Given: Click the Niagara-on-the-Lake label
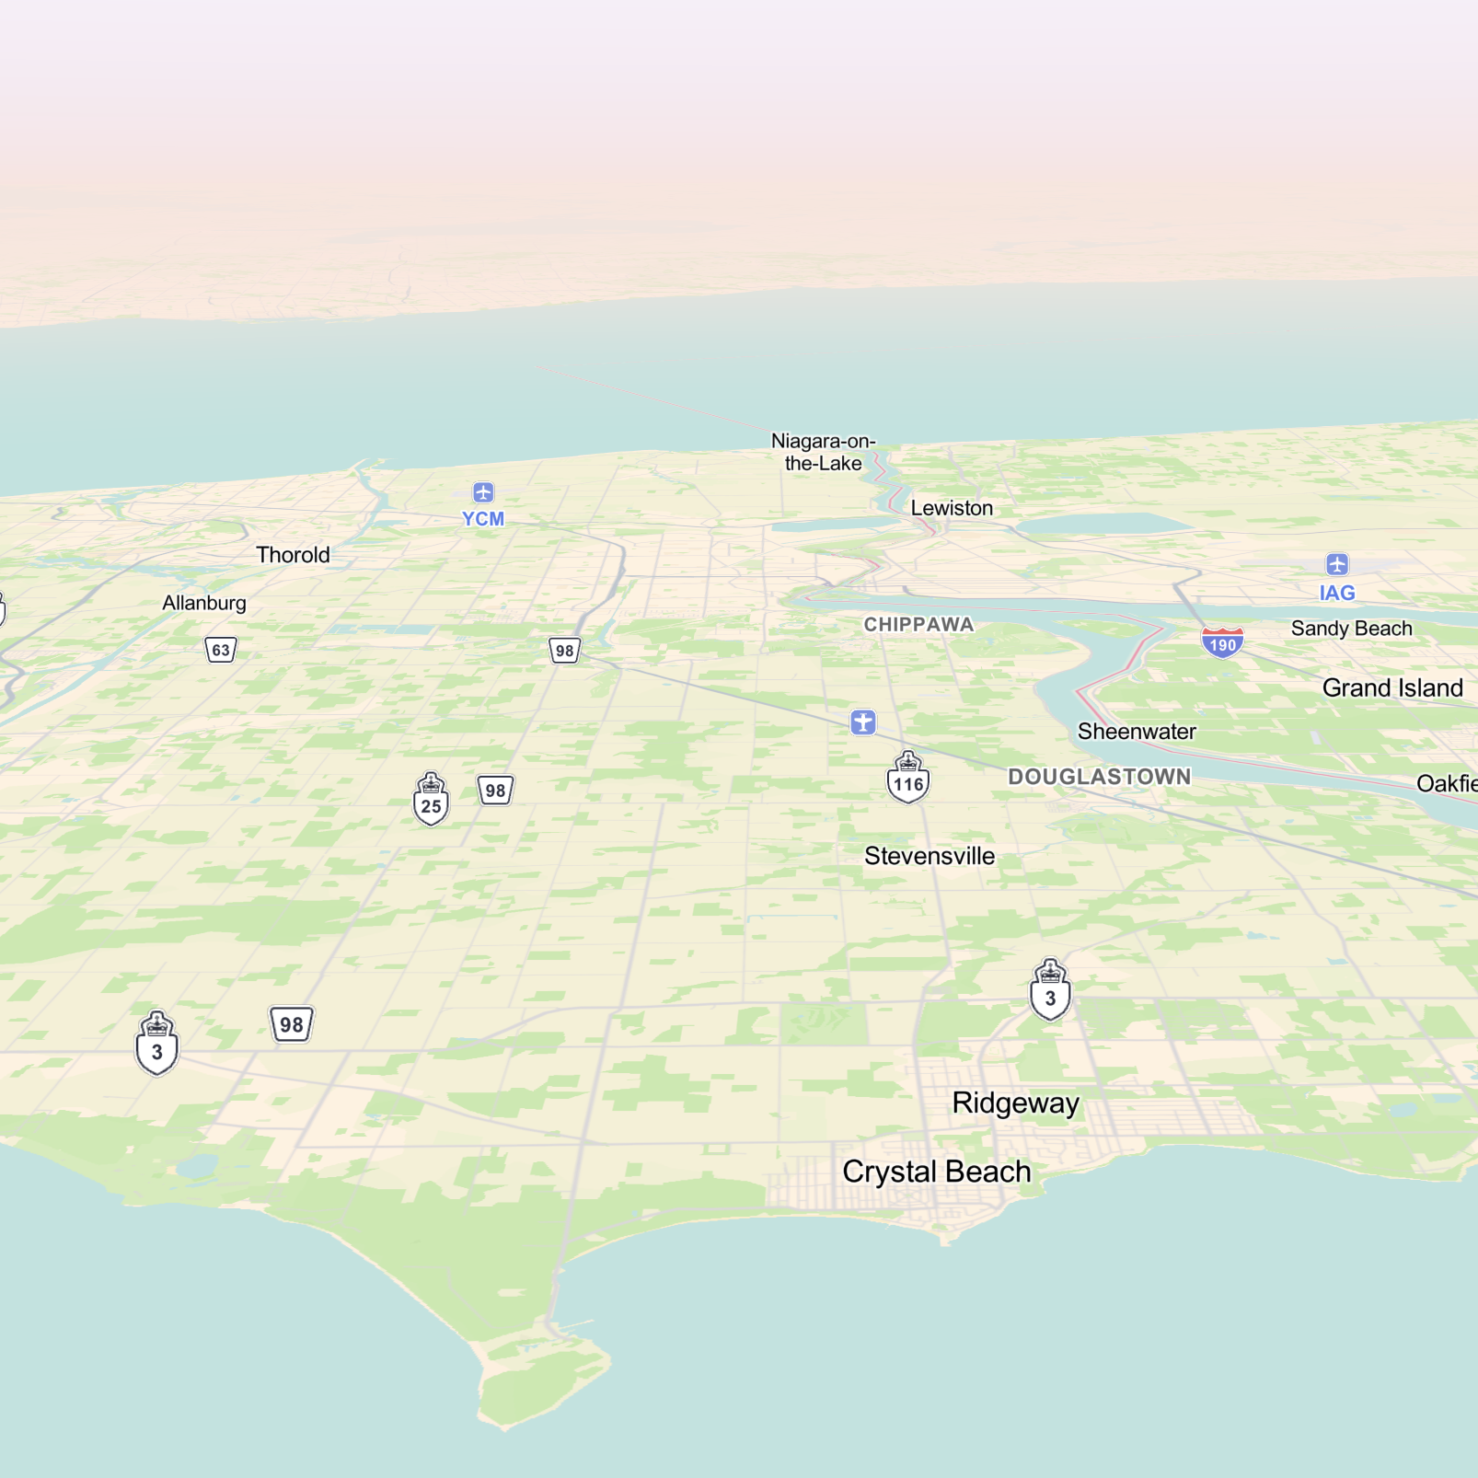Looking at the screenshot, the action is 823,452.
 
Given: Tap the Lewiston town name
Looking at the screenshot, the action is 952,508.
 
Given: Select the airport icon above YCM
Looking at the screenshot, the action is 483,492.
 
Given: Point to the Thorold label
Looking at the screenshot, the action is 293,555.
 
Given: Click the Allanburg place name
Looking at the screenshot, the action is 204,603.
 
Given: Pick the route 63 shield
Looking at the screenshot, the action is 221,650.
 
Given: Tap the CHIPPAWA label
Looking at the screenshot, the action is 918,625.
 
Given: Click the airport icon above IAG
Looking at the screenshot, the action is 1337,564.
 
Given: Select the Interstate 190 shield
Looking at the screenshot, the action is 1222,642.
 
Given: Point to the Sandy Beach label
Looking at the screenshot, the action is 1351,629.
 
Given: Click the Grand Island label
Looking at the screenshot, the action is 1391,688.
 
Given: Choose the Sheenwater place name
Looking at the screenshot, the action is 1137,732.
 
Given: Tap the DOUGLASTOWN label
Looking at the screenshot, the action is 1100,777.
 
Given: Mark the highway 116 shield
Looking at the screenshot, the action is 908,779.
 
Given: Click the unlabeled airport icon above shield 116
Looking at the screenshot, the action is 863,722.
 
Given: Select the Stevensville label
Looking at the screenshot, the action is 930,856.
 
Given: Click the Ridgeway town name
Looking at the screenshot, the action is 1015,1103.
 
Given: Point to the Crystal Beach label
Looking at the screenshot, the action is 936,1172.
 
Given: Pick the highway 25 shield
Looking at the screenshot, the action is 431,800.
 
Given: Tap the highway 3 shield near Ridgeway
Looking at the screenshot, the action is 1050,992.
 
